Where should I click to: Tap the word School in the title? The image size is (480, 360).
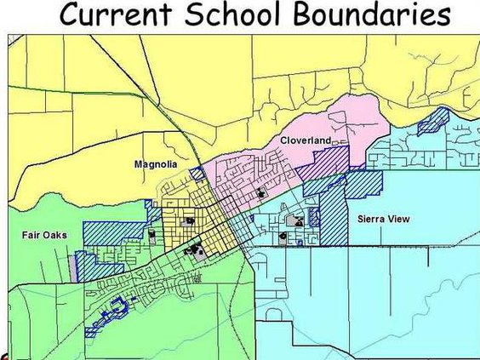[x=241, y=15]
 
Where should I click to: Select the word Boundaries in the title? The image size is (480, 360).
[x=377, y=15]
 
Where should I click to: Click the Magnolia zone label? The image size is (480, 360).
[x=156, y=164]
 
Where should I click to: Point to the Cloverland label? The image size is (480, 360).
[x=305, y=140]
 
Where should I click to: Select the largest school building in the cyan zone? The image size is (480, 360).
[x=294, y=221]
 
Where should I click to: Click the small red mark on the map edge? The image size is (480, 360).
[x=3, y=356]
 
